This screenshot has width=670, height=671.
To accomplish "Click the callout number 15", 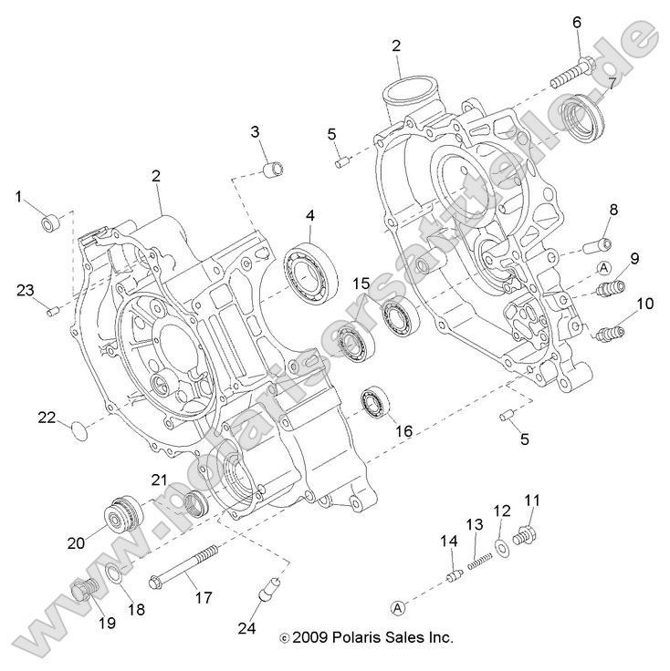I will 361,284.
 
